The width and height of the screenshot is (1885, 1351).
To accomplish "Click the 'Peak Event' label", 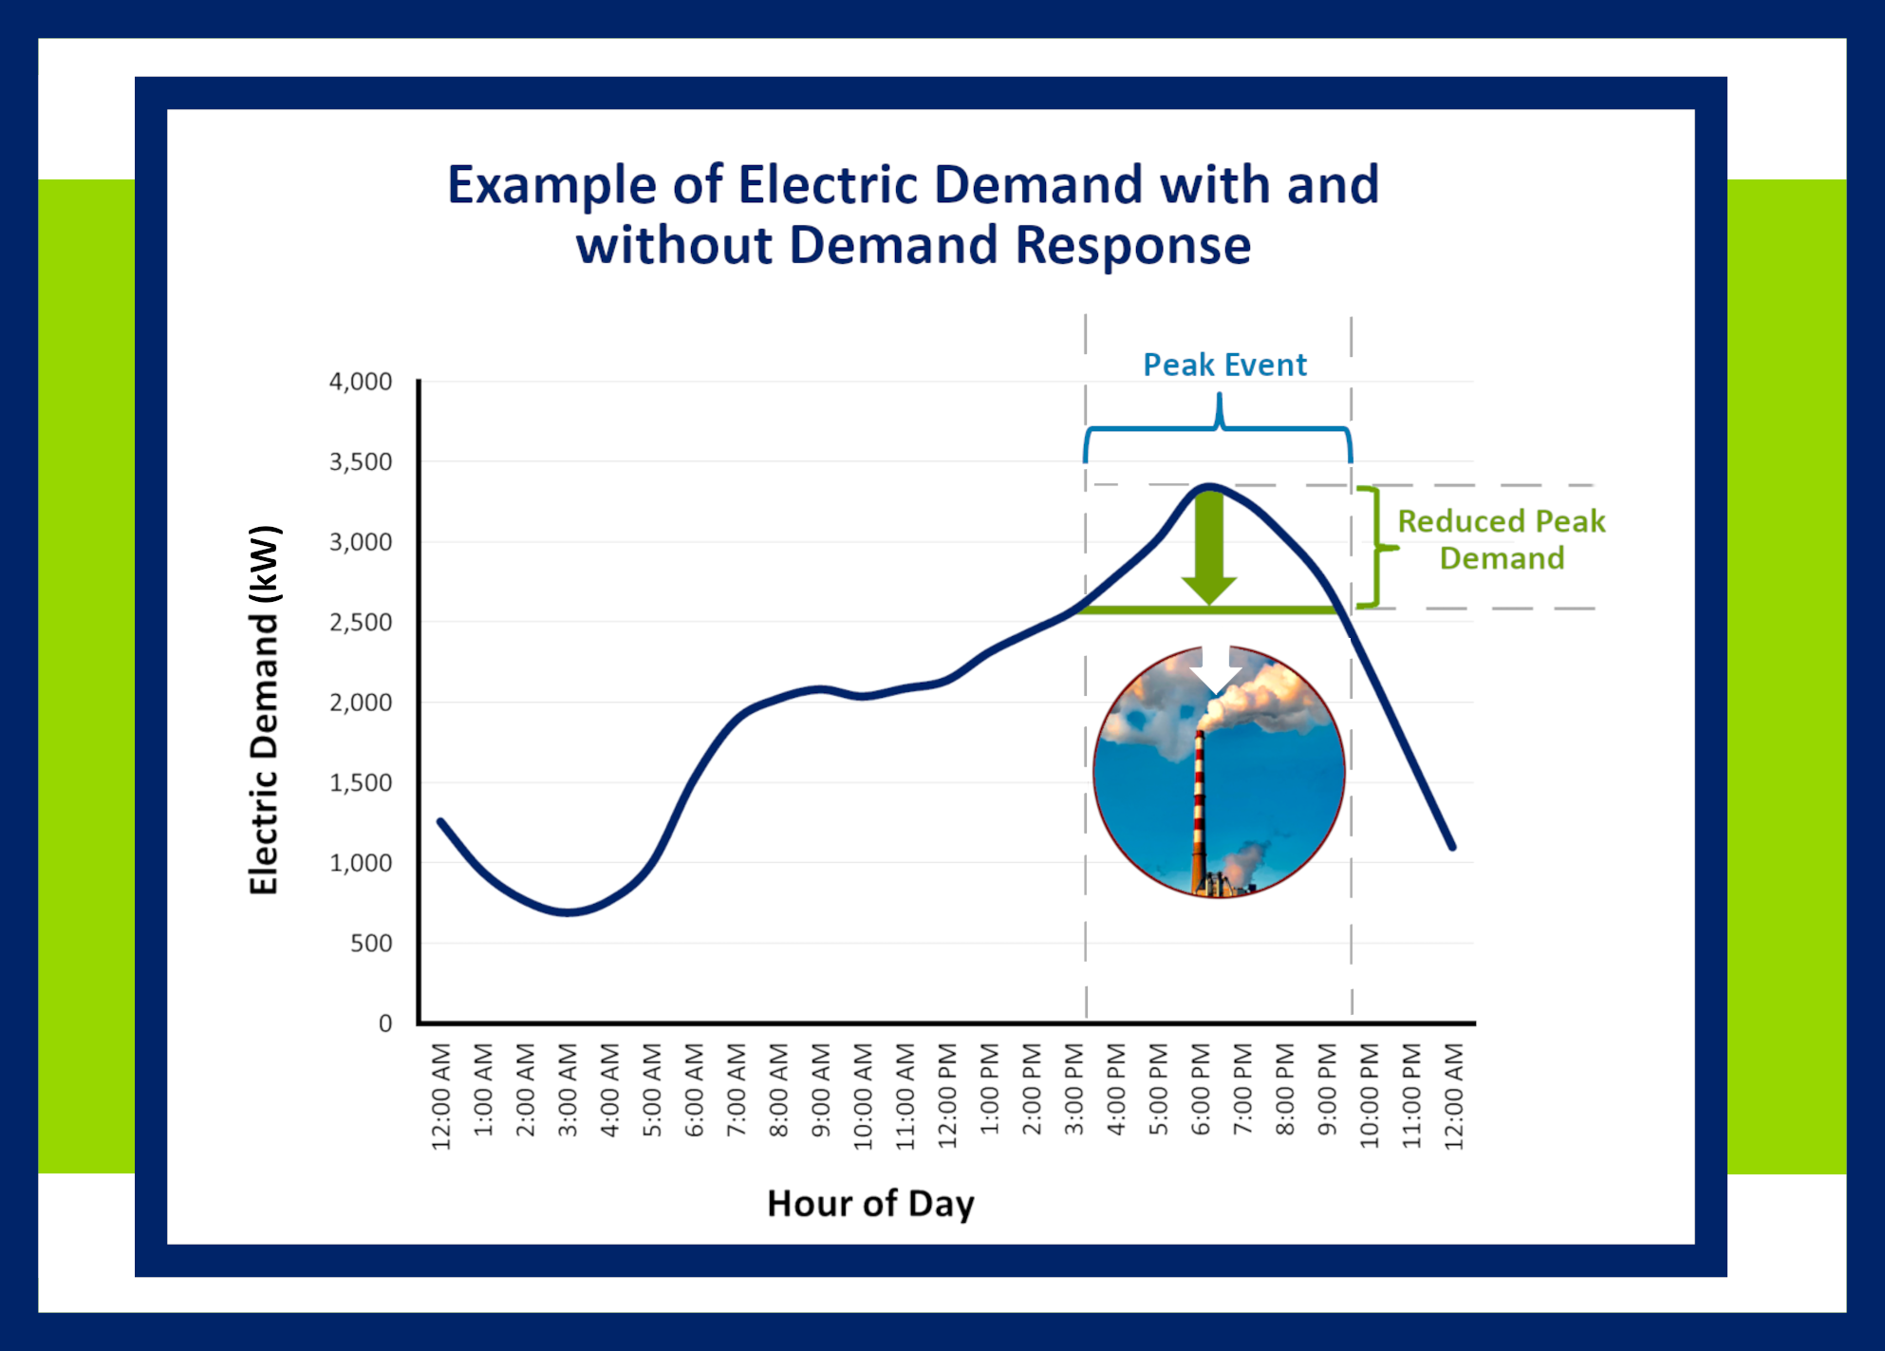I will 1223,365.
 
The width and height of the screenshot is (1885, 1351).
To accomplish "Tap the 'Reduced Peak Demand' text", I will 1501,539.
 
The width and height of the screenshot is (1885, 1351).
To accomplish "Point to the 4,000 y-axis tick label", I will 360,382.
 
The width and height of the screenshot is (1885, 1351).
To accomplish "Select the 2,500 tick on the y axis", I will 360,623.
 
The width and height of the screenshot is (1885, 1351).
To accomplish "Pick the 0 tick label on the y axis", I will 384,1023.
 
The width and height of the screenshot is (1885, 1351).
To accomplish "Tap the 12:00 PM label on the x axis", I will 947,1096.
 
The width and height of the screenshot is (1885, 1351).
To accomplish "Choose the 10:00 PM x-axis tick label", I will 1369,1096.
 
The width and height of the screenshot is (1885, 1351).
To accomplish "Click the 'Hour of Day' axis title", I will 870,1204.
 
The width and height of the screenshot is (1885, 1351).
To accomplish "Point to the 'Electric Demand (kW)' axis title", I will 264,709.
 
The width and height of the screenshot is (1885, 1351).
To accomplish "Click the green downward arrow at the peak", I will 1208,551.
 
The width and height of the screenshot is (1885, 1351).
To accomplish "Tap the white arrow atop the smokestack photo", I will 1215,669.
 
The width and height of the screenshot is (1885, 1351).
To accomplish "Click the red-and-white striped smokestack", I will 1199,807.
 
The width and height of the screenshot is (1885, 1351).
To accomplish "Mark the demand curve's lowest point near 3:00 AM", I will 568,912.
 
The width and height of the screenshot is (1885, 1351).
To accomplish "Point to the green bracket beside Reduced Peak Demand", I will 1374,548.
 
